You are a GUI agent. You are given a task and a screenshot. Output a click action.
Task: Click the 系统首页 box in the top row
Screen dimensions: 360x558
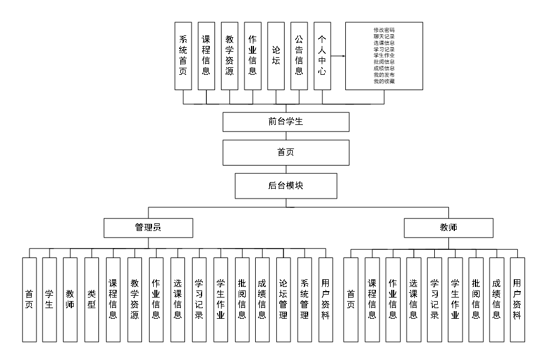pos(183,56)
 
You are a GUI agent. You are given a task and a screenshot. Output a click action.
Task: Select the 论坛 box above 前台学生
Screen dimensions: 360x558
pos(276,56)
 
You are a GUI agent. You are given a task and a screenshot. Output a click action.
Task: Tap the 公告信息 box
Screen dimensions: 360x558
pos(299,56)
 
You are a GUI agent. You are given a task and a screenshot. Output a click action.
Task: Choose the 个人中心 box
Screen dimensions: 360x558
pos(322,56)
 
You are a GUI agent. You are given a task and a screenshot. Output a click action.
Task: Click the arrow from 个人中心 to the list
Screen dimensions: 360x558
pos(338,57)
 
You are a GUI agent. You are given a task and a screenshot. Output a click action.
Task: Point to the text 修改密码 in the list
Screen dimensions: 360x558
pos(384,29)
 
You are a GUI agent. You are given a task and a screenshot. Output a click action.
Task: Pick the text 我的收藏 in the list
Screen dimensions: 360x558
pos(384,81)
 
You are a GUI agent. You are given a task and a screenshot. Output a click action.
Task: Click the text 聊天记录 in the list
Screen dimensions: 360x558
pos(384,36)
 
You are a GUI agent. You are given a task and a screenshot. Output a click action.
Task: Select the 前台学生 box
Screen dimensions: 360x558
pos(286,121)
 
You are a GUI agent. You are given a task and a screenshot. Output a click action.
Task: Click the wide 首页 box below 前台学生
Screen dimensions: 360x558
pos(286,153)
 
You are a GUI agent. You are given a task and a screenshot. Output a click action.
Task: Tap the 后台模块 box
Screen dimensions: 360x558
pos(286,186)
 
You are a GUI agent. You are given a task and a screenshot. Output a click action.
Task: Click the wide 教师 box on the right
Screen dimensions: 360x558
pos(448,227)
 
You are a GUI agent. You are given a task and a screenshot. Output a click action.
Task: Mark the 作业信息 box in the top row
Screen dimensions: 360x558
pos(252,56)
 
